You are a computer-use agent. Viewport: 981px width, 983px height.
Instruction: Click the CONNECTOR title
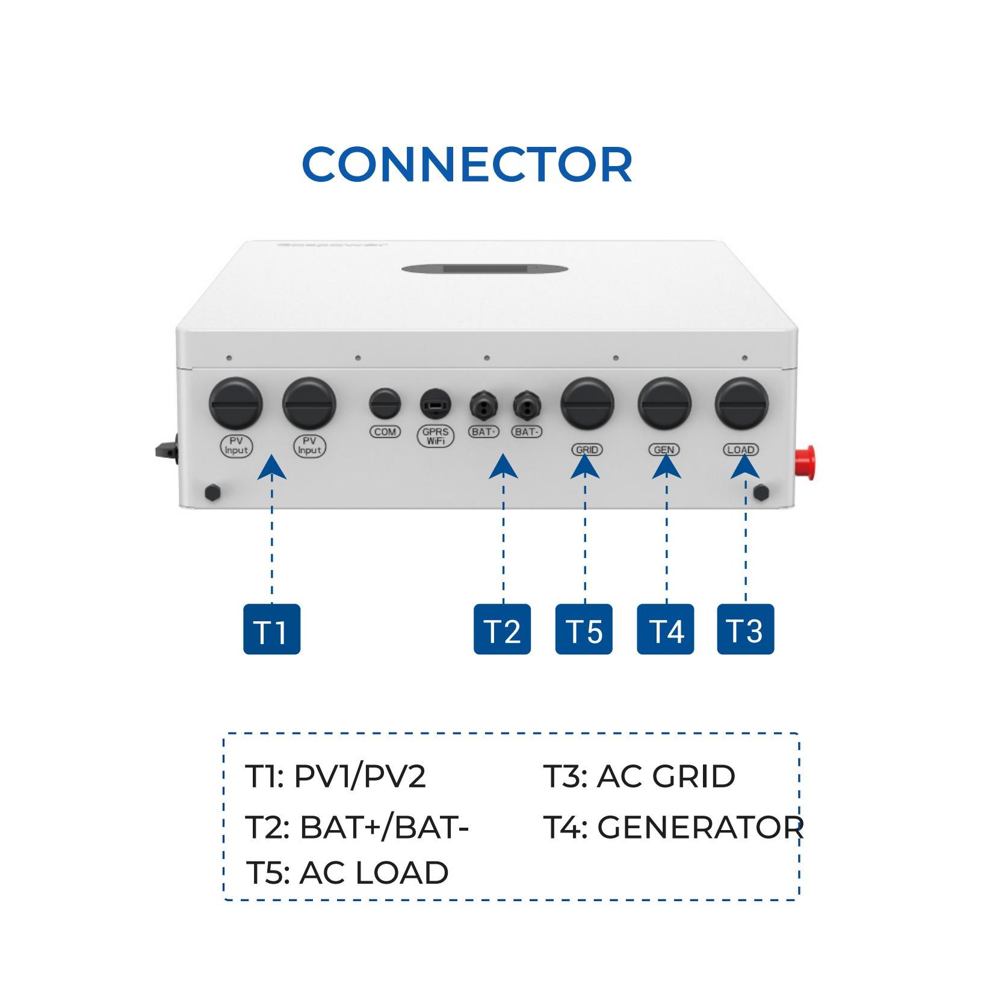tap(467, 164)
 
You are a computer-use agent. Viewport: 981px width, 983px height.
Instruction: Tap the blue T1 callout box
tap(271, 629)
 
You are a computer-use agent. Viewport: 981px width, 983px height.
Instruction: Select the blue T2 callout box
tap(502, 629)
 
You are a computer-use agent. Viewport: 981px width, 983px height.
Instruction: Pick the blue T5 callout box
tap(584, 629)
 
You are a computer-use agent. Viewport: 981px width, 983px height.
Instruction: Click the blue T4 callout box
tap(665, 629)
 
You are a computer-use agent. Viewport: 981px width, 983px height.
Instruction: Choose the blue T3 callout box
tap(745, 629)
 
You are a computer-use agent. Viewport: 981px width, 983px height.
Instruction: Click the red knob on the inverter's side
tap(805, 463)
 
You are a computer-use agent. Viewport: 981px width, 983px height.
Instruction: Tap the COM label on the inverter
tap(385, 432)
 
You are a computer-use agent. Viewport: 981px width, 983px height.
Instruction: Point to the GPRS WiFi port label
tap(435, 436)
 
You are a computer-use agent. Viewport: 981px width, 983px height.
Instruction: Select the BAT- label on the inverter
tap(527, 432)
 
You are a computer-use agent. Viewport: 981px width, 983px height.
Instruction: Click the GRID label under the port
tap(587, 450)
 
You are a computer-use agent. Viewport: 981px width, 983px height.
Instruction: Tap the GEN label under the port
tap(664, 450)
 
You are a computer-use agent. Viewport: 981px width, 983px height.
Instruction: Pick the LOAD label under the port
tap(741, 450)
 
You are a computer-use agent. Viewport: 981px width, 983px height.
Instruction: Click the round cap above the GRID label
tap(587, 404)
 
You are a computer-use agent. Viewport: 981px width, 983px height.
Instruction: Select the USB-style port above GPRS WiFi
tap(435, 404)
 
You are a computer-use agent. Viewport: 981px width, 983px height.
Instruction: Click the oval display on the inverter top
tap(484, 268)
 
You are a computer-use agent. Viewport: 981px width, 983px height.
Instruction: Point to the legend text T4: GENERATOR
tap(673, 827)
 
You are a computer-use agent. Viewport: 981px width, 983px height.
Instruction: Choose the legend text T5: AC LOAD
tap(347, 872)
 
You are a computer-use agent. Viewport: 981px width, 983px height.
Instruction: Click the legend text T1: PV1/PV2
tap(335, 777)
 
